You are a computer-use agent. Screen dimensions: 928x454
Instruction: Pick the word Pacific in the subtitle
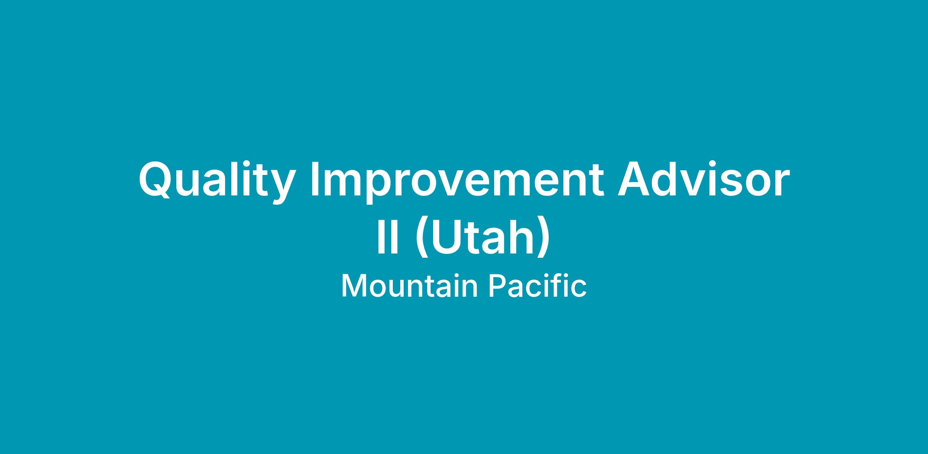(x=538, y=285)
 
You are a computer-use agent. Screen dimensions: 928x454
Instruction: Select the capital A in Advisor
(x=635, y=179)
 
